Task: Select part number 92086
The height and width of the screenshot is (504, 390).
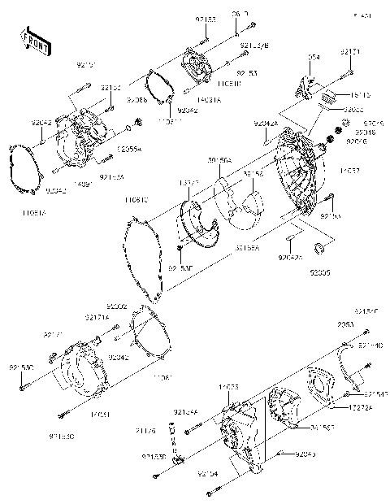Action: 137,98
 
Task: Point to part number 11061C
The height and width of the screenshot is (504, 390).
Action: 136,199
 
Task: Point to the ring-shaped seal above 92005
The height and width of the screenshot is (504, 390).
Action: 319,247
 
